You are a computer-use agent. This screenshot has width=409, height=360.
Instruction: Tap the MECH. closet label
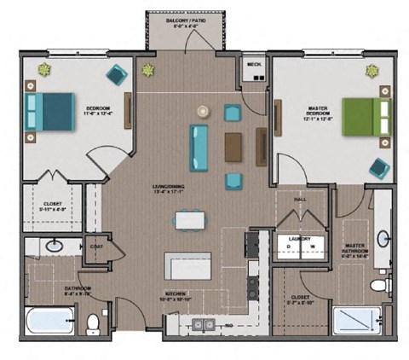[253, 63]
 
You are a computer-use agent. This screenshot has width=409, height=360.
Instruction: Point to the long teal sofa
[199, 144]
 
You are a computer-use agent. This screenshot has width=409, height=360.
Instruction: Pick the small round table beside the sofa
[203, 110]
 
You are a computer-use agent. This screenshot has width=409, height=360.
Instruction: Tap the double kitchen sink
[203, 324]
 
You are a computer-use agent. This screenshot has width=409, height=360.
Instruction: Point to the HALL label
[300, 199]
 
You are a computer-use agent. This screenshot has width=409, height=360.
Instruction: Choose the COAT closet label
[96, 247]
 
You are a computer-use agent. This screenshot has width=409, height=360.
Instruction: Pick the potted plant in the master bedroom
[372, 69]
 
